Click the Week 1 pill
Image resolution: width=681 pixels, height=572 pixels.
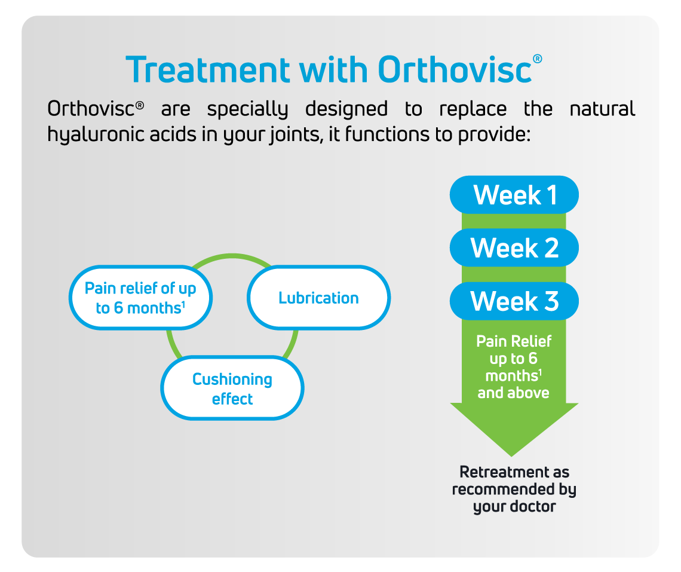[514, 195]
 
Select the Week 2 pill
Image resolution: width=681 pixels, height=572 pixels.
[514, 248]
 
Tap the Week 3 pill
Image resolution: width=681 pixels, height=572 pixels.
[514, 301]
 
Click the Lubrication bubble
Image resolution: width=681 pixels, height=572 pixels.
[319, 298]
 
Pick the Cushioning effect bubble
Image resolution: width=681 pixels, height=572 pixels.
[232, 388]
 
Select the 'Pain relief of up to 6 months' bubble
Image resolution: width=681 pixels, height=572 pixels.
[140, 298]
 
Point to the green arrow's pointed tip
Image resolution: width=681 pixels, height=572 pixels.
[511, 457]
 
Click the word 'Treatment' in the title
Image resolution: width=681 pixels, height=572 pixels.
[208, 69]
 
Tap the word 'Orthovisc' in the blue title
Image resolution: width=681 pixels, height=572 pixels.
[455, 69]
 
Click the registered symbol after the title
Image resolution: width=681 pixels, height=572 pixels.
[537, 59]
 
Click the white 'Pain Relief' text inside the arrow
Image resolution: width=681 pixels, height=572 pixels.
[514, 342]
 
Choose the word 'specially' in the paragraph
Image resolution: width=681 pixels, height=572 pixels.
[247, 109]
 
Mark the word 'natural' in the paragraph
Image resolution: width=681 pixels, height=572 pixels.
[602, 109]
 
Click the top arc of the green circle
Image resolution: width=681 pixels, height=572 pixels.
[232, 256]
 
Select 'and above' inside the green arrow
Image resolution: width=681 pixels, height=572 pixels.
[513, 393]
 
